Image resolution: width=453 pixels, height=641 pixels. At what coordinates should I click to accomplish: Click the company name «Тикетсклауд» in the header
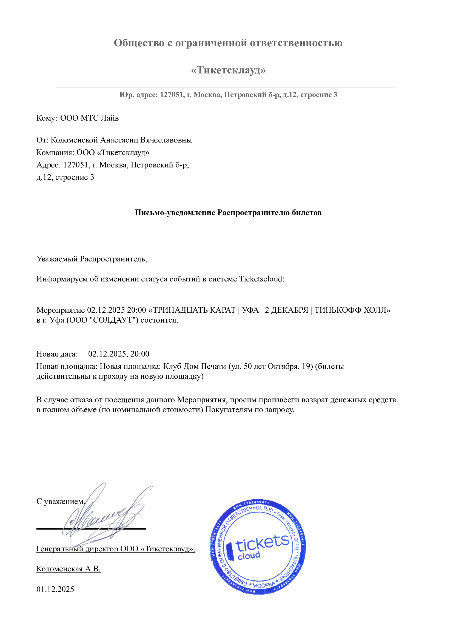pyautogui.click(x=228, y=70)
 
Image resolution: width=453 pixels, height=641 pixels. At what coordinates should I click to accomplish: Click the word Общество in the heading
pyautogui.click(x=139, y=43)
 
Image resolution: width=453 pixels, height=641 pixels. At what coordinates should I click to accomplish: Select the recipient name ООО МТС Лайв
pyautogui.click(x=89, y=118)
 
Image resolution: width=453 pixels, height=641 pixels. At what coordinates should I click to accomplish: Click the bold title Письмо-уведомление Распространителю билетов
pyautogui.click(x=228, y=213)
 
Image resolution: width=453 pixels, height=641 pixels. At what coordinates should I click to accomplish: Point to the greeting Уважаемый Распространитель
pyautogui.click(x=92, y=259)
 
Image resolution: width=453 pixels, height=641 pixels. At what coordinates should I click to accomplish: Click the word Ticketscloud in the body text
pyautogui.click(x=261, y=279)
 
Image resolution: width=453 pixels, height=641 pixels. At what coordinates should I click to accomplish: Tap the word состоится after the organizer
pyautogui.click(x=159, y=320)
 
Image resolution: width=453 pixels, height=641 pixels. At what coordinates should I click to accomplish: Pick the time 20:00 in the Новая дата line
pyautogui.click(x=140, y=354)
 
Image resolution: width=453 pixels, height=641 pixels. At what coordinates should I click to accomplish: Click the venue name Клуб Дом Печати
pyautogui.click(x=195, y=366)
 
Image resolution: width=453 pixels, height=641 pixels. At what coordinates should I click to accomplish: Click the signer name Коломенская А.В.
pyautogui.click(x=69, y=569)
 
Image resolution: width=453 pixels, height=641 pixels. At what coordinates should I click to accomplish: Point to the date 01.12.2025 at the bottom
pyautogui.click(x=55, y=589)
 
